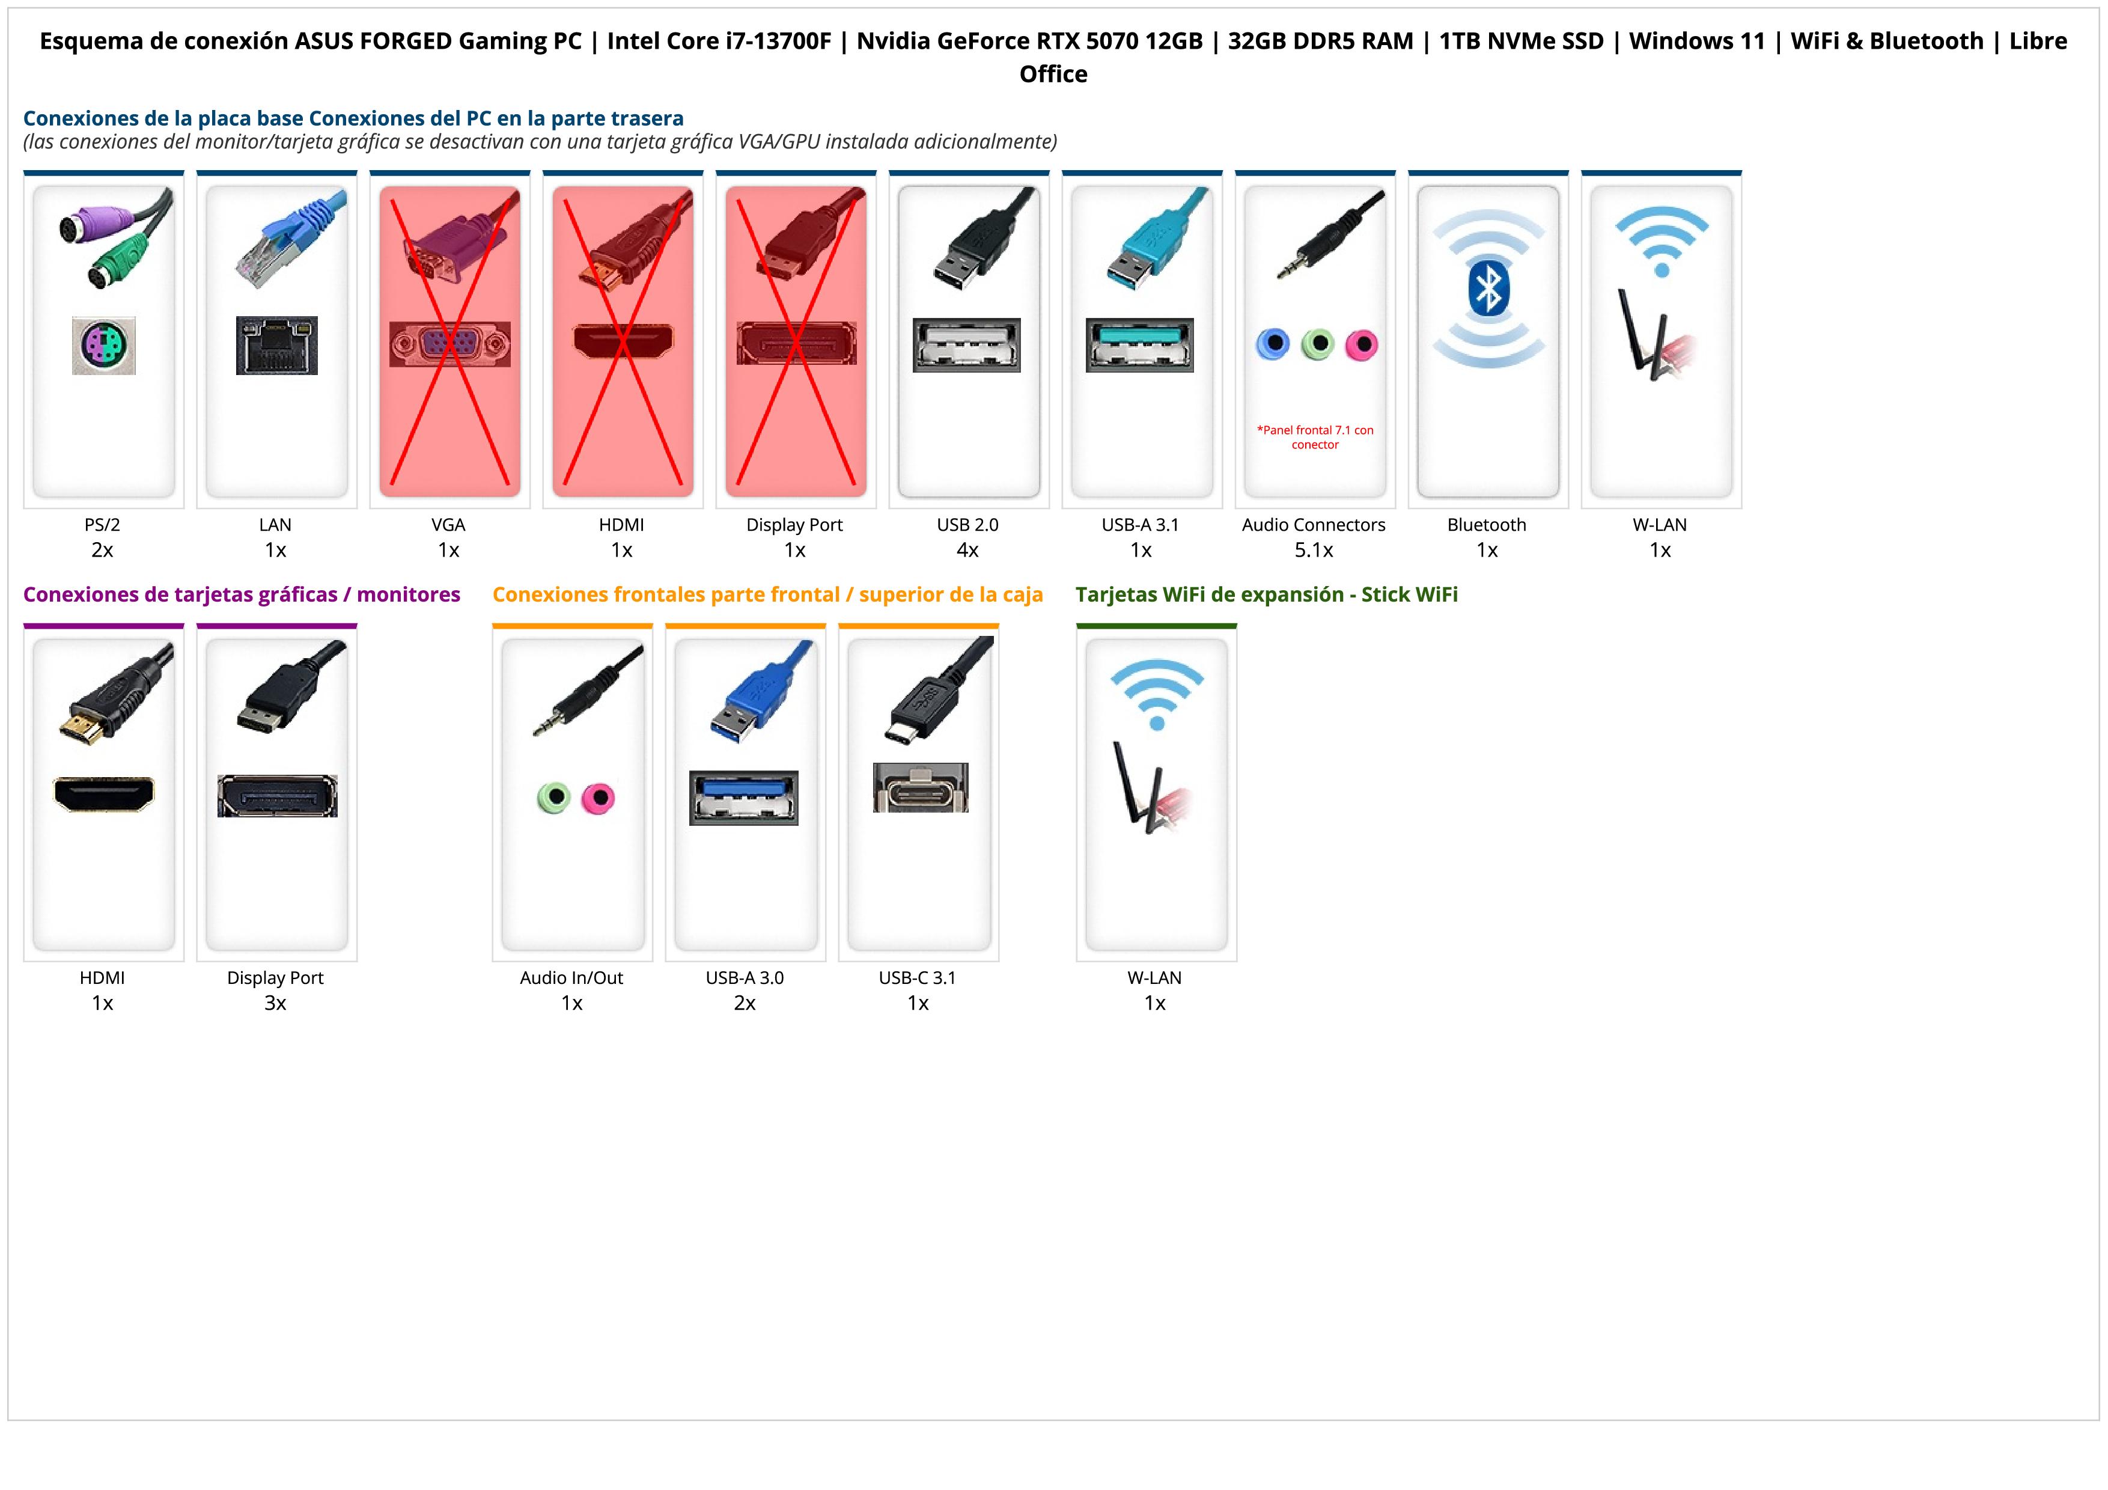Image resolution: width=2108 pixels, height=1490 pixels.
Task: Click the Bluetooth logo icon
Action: pos(1487,289)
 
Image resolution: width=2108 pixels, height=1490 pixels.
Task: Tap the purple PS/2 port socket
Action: pos(104,345)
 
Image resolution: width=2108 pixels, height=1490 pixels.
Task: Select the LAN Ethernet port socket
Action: pos(276,345)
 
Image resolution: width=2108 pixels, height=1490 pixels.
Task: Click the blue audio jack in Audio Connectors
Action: pos(1273,344)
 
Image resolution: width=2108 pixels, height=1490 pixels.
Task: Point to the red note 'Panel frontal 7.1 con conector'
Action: pos(1315,437)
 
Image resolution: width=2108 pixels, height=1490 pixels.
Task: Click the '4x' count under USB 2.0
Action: pos(967,550)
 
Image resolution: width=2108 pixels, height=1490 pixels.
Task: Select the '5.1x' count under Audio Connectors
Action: pos(1314,550)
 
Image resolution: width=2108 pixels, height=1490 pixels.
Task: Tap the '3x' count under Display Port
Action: pos(275,1003)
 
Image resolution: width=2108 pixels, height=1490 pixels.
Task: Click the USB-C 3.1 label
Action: pos(917,978)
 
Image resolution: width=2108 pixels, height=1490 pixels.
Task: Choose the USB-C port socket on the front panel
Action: pos(920,788)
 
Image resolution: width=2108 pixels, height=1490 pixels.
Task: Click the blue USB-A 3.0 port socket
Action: pos(744,798)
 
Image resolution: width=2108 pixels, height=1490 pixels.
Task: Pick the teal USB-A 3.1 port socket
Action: pos(1139,345)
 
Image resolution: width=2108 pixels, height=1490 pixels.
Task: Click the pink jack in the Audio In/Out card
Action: pos(598,798)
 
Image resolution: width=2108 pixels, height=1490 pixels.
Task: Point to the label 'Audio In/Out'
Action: pos(571,978)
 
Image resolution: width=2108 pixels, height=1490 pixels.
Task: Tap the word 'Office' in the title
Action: pos(1053,75)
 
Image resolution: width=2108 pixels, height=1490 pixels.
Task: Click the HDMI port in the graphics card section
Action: pos(104,794)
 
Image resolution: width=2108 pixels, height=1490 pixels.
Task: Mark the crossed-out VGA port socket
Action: pos(449,344)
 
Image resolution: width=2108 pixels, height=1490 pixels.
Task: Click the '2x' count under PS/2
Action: pos(102,550)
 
